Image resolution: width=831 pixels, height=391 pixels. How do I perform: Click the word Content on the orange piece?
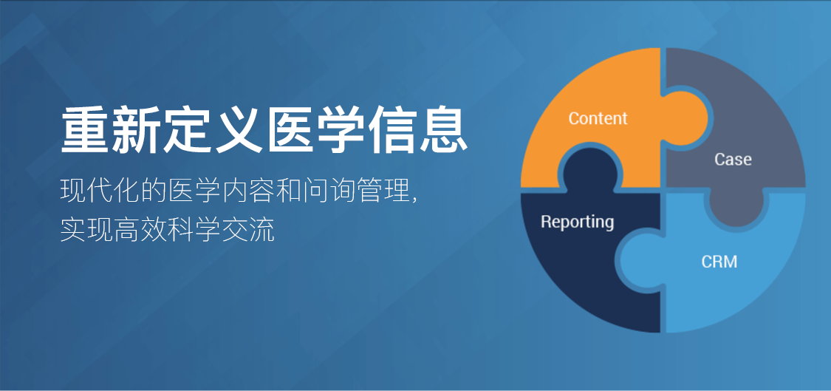(x=598, y=118)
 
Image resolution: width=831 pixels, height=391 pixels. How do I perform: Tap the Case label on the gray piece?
(x=733, y=159)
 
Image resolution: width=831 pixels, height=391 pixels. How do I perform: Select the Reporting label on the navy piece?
(x=577, y=222)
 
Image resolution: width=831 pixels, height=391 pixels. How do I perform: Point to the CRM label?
(x=719, y=262)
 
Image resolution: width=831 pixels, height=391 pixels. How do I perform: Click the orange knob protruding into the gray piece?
(x=685, y=118)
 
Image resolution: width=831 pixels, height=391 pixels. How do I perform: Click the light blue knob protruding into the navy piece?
(x=640, y=261)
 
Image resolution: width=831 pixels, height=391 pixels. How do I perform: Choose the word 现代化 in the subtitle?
(x=100, y=191)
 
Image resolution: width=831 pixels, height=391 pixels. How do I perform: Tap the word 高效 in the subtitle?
(x=140, y=230)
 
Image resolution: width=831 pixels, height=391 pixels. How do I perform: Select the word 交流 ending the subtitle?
(x=248, y=230)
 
